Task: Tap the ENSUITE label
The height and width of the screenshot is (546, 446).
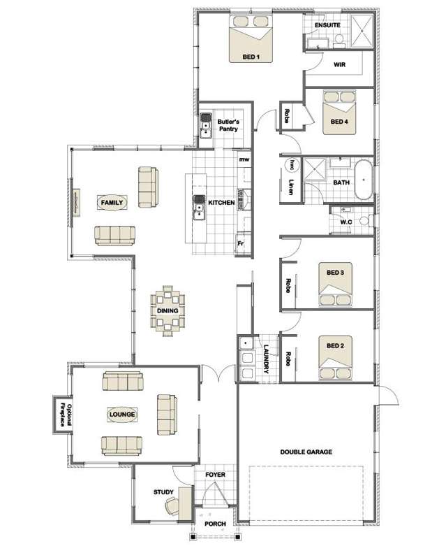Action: [327, 25]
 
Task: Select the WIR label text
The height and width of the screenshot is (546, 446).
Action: [340, 64]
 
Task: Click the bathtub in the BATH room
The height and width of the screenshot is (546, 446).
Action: [364, 181]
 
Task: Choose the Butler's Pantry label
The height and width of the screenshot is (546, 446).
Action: [228, 124]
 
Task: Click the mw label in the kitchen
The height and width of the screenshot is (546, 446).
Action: [244, 160]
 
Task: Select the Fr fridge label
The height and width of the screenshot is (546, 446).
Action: [241, 244]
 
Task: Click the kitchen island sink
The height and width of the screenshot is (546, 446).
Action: [198, 207]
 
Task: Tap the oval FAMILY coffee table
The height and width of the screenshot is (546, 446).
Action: [112, 203]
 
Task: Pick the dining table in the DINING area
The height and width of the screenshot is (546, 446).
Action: [168, 311]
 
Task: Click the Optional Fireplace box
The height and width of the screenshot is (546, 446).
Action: [61, 414]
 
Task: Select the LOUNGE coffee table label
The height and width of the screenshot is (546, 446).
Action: [121, 414]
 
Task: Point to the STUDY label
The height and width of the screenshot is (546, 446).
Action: [163, 492]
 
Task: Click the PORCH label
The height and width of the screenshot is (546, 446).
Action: [215, 524]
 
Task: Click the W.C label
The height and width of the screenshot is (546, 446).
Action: [345, 222]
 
